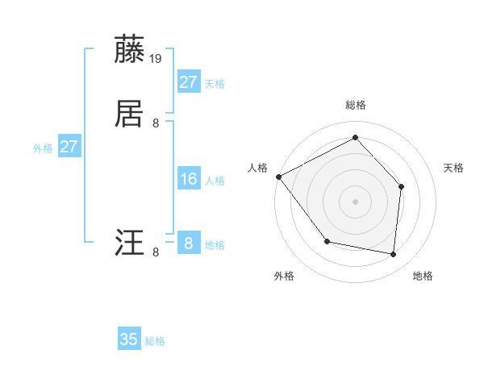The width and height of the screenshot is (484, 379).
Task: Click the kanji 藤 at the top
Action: click(130, 49)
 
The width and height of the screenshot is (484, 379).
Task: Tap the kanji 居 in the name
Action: click(130, 114)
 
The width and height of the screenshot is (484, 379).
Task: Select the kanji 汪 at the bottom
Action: click(130, 243)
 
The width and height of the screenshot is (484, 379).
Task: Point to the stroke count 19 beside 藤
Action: click(156, 58)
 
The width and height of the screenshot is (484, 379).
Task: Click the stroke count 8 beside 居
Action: click(156, 123)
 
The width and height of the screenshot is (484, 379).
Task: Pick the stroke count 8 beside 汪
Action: click(156, 252)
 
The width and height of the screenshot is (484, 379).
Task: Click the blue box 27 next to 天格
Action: click(188, 82)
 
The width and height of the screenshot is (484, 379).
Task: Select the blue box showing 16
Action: click(188, 179)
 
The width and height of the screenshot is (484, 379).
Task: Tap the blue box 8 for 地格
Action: click(188, 244)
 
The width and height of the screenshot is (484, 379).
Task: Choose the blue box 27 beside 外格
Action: click(69, 147)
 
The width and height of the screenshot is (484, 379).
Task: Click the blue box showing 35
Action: click(129, 339)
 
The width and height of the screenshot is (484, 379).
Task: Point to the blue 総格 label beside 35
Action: click(155, 341)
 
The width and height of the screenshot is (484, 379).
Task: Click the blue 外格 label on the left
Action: click(43, 148)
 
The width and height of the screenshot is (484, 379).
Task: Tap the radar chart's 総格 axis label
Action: click(355, 105)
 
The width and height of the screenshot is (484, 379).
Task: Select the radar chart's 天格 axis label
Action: click(454, 168)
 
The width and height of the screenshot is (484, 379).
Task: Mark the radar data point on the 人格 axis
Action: click(279, 177)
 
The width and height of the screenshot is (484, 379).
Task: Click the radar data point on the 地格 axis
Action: click(393, 254)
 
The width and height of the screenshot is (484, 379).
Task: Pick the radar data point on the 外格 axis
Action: click(327, 241)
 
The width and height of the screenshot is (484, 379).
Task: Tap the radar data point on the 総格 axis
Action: click(355, 138)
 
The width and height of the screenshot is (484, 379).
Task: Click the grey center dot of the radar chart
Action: click(355, 201)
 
